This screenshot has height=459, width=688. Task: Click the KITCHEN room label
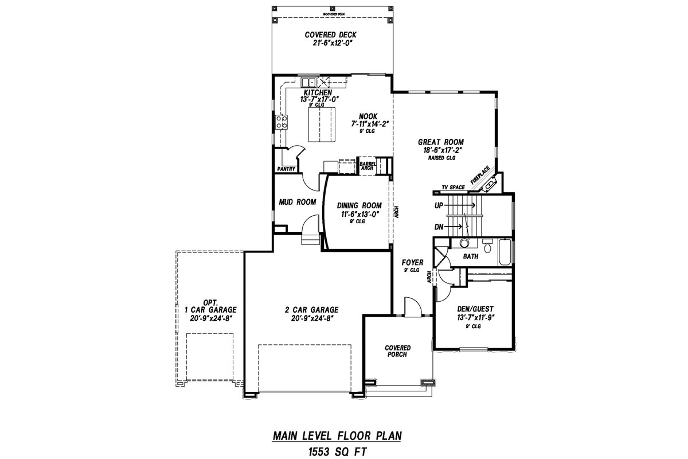[x=317, y=92]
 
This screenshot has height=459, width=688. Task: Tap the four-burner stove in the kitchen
[x=282, y=122]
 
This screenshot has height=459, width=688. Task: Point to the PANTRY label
[x=286, y=169]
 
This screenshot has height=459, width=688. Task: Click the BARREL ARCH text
[x=367, y=166]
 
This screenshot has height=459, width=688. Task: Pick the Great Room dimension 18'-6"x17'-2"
[x=440, y=150]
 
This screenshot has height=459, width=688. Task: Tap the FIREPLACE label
[x=480, y=175]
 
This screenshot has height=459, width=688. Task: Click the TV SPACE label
[x=452, y=188]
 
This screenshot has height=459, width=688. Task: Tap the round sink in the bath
[x=463, y=243]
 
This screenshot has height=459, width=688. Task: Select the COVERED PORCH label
[x=397, y=351]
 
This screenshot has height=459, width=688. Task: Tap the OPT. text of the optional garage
[x=209, y=302]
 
